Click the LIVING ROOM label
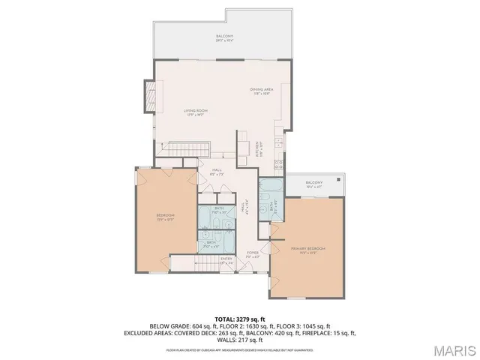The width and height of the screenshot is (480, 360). point(196,111)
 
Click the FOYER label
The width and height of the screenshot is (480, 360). point(253,253)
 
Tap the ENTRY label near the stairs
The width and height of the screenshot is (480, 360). point(226,259)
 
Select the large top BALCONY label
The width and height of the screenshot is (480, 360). point(225,36)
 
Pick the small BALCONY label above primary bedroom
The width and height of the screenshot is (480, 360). point(313,182)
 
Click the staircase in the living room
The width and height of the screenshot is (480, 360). point(184,149)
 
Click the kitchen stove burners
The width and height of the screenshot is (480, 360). point(277,163)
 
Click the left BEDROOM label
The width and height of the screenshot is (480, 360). point(164,217)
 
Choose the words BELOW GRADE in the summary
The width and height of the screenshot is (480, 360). point(166,325)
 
